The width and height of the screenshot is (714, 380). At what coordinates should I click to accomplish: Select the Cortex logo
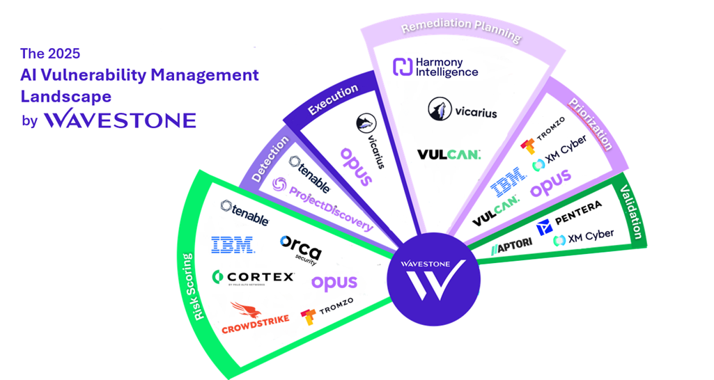tap(254, 278)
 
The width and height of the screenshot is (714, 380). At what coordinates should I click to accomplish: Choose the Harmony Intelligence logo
tap(435, 68)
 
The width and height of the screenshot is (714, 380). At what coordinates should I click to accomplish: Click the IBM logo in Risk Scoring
tap(233, 244)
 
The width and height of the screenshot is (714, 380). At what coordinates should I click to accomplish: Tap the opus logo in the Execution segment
tap(356, 166)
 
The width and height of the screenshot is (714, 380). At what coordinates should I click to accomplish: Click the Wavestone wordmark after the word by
tap(119, 120)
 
